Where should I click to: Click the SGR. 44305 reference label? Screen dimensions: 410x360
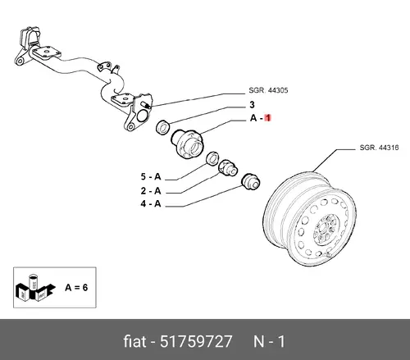[x=268, y=90]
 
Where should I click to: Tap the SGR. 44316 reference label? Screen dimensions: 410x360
[x=379, y=148]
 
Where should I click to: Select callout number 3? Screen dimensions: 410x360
[x=252, y=105]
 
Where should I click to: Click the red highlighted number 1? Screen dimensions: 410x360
[x=268, y=118]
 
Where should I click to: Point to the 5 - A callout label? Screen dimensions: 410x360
[x=151, y=177]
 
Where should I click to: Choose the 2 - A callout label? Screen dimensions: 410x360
[x=151, y=191]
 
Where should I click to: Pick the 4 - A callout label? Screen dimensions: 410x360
[x=151, y=203]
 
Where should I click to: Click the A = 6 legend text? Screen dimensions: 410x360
[x=76, y=288]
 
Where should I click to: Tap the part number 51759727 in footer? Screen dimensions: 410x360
[x=196, y=342]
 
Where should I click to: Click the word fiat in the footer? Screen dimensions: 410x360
[x=134, y=342]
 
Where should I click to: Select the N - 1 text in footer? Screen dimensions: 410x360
[x=269, y=342]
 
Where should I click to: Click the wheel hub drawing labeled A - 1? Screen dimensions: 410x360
[x=188, y=144]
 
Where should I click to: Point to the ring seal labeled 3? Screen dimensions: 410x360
[x=163, y=127]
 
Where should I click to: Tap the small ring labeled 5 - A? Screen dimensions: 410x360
[x=212, y=158]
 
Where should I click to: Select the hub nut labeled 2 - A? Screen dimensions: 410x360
[x=228, y=168]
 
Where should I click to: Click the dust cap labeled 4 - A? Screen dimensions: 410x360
[x=250, y=181]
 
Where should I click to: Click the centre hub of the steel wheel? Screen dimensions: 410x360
[x=326, y=230]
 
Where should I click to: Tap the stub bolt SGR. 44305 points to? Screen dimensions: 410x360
[x=146, y=105]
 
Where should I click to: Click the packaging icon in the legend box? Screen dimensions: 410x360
[x=35, y=289]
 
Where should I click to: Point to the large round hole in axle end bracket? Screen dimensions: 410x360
[x=142, y=116]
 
